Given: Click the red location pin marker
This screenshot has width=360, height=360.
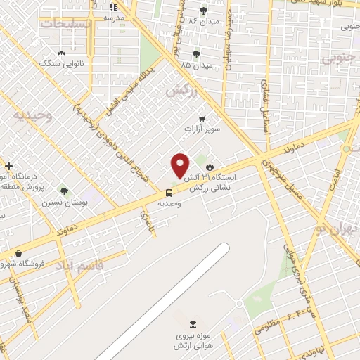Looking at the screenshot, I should (x=180, y=165).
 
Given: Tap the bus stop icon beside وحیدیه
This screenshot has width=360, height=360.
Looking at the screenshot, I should (x=169, y=192).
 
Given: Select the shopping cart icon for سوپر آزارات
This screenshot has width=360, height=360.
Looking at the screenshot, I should (x=202, y=118).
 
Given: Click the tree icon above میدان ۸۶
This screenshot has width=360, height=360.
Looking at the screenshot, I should (x=204, y=10).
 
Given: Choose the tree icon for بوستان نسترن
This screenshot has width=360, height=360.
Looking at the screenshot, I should (x=64, y=190).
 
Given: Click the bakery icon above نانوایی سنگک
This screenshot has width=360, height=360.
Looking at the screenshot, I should (x=62, y=52).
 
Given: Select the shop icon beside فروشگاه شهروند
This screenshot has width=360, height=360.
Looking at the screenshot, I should (x=18, y=254).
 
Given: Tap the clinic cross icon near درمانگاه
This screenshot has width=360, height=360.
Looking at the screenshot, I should (x=8, y=166).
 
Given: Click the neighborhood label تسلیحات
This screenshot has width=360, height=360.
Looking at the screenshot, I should (x=67, y=24).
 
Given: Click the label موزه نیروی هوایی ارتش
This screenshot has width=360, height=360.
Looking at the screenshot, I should (x=193, y=342).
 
